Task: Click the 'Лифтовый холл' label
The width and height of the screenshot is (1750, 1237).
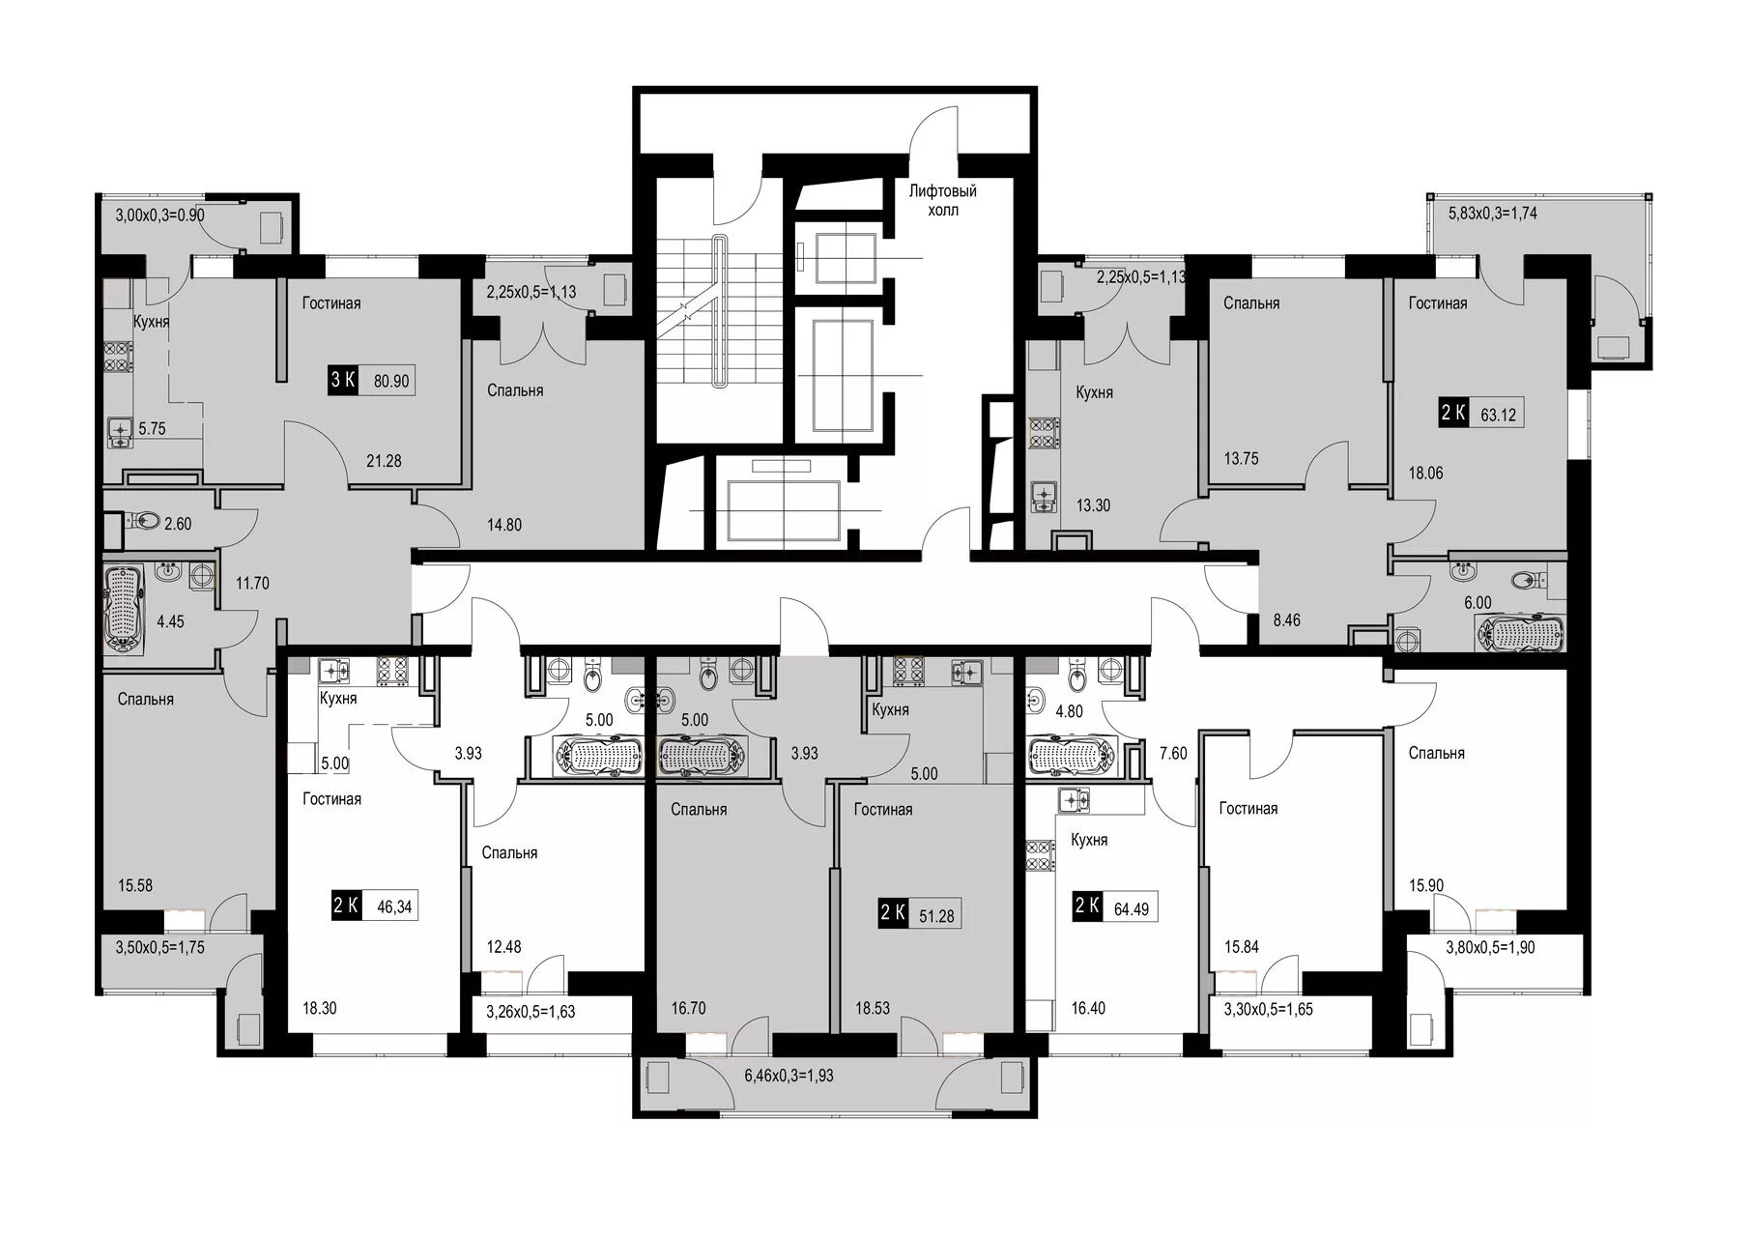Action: pyautogui.click(x=942, y=200)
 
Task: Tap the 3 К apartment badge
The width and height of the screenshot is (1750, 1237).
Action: pyautogui.click(x=343, y=380)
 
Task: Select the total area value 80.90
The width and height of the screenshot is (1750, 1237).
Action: pyautogui.click(x=391, y=381)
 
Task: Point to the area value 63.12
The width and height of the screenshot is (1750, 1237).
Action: pyautogui.click(x=1498, y=415)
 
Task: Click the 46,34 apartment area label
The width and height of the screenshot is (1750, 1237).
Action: pyautogui.click(x=392, y=906)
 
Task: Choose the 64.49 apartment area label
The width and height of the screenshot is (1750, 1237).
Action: pyautogui.click(x=1131, y=908)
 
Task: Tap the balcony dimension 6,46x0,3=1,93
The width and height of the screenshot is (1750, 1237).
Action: pyautogui.click(x=789, y=1075)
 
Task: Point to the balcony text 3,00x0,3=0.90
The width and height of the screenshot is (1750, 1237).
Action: pyautogui.click(x=159, y=215)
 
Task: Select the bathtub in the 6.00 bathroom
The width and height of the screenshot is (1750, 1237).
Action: pyautogui.click(x=1520, y=635)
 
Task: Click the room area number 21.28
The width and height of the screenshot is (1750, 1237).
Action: pyautogui.click(x=384, y=461)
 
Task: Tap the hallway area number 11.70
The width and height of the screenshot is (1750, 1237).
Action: pyautogui.click(x=252, y=583)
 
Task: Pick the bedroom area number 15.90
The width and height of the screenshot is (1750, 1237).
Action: pyautogui.click(x=1426, y=885)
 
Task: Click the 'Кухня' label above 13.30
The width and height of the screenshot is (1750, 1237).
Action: pyautogui.click(x=1094, y=392)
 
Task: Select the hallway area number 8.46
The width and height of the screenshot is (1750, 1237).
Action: pyautogui.click(x=1286, y=619)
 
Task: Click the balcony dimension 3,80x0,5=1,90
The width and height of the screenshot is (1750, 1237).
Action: pyautogui.click(x=1490, y=947)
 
